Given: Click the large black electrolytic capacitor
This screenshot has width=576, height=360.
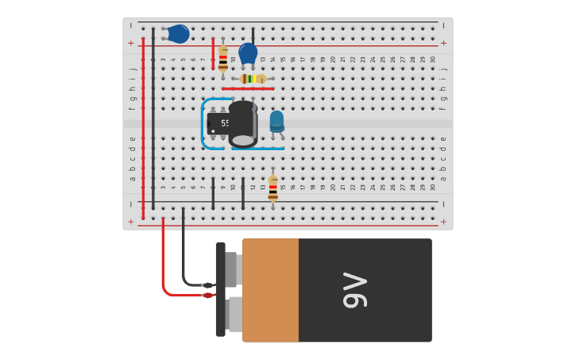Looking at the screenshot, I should (243, 124).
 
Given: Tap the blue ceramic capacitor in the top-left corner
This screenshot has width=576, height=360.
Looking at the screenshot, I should (179, 33).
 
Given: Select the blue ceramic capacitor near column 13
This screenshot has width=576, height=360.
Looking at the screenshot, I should (248, 53).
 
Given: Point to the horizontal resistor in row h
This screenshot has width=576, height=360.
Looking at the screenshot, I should (253, 79).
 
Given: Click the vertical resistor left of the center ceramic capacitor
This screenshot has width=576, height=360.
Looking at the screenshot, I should (223, 59).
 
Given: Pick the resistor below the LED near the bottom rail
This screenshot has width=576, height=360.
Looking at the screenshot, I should (273, 188).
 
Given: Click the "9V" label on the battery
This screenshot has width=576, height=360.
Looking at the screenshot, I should (355, 290).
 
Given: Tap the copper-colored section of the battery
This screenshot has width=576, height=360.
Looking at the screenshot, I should (271, 290).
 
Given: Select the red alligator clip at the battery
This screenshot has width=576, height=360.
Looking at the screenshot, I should (207, 296).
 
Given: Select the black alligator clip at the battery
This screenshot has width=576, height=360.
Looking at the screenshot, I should (207, 285).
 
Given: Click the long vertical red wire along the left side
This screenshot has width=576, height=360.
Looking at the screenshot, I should (143, 127).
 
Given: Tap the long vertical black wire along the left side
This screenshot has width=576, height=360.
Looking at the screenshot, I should (153, 119).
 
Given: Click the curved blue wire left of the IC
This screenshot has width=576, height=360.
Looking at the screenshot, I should (203, 124).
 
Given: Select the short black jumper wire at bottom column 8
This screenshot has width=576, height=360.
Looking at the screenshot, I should (213, 194).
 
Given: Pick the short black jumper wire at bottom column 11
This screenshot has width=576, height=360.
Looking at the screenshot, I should (243, 194).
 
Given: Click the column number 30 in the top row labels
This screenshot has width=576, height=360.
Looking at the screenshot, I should (433, 59).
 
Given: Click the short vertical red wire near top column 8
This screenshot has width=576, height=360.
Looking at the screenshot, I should (213, 52).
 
